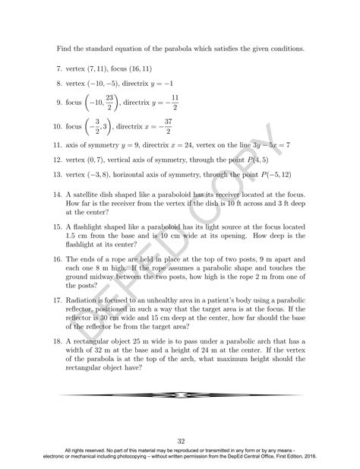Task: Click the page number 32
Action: (181, 440)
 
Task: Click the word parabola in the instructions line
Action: (182, 50)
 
